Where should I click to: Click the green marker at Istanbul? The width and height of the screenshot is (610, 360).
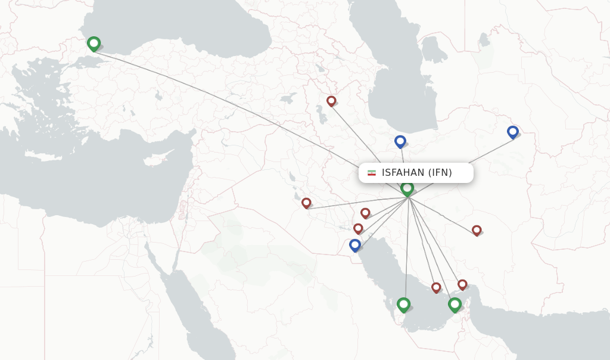pos(94,44)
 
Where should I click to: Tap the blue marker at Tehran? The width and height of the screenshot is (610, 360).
pos(400,141)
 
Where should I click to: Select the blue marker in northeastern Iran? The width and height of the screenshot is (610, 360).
pos(513,132)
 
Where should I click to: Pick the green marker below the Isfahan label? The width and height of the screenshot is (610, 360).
pos(407,188)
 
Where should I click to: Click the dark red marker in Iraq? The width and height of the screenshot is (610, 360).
pos(306,203)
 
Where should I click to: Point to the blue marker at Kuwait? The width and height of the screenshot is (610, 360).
pos(355,244)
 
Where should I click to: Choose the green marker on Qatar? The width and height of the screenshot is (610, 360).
pos(403,305)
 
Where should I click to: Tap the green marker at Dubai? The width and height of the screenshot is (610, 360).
pos(455,305)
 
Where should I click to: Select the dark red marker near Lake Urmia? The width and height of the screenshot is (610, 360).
pos(331,101)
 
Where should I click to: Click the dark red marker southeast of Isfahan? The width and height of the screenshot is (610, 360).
pos(477,230)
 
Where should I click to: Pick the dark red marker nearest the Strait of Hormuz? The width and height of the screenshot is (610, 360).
pos(462,284)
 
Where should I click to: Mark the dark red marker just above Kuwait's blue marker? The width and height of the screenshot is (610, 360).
pos(358,228)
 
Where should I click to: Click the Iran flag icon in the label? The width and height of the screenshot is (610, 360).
pos(372,173)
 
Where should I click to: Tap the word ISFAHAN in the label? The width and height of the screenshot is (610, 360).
pos(403,173)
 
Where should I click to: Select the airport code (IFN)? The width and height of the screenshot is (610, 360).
pos(440,173)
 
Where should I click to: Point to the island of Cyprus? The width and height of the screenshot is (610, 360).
pos(156,161)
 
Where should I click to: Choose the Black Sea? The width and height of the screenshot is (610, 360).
pos(179,24)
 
